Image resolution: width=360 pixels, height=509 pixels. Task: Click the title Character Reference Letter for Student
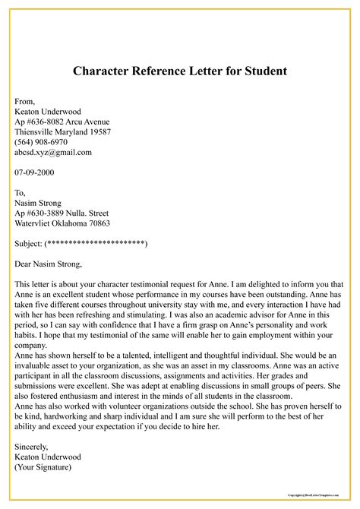tap(180, 71)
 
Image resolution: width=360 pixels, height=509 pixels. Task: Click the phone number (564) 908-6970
tap(41, 142)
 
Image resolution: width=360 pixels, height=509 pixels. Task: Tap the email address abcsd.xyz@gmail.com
tap(53, 152)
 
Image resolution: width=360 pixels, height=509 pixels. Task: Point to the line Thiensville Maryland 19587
tap(63, 132)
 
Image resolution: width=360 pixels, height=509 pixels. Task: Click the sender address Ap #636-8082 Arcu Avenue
tap(62, 122)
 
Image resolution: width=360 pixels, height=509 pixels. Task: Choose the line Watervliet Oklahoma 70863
tap(62, 223)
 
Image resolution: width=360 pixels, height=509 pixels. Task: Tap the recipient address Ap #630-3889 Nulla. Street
tap(62, 213)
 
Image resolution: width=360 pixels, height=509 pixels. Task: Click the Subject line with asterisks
tap(81, 244)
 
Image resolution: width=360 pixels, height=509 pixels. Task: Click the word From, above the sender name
tap(25, 101)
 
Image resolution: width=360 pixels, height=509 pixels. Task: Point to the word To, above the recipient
tap(21, 193)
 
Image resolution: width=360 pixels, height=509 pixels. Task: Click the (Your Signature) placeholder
tap(43, 467)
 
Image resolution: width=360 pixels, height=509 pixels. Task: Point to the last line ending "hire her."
tap(106, 427)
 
